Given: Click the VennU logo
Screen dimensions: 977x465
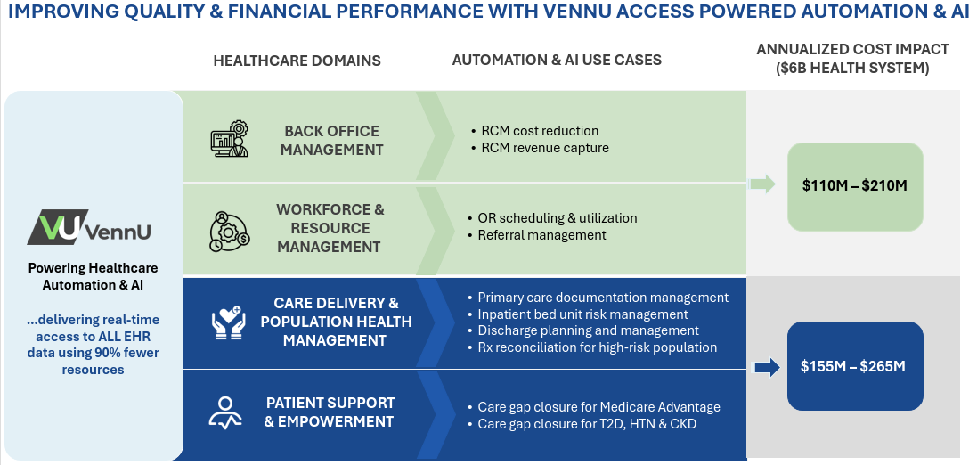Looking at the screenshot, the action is pyautogui.click(x=88, y=227).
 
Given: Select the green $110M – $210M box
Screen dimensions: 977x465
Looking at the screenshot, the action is pyautogui.click(x=855, y=186).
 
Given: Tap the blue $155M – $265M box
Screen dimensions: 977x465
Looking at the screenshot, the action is pyautogui.click(x=855, y=366).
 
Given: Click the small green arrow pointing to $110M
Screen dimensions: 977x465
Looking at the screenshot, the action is pyautogui.click(x=761, y=184).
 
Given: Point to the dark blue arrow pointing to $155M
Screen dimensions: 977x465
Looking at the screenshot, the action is pyautogui.click(x=767, y=367).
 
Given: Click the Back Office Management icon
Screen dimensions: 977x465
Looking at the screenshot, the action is pyautogui.click(x=229, y=139).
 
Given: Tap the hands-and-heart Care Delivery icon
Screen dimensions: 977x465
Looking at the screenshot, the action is pyautogui.click(x=229, y=322).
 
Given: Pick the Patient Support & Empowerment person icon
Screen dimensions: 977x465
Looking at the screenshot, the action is pyautogui.click(x=225, y=412).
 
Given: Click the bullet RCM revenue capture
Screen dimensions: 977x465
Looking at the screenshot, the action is pyautogui.click(x=541, y=148).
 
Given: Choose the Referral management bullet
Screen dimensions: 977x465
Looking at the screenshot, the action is pyautogui.click(x=536, y=235).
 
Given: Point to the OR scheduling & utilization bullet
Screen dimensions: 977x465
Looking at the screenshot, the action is pyautogui.click(x=552, y=218).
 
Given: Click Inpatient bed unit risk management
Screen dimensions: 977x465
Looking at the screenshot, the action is pyautogui.click(x=578, y=314).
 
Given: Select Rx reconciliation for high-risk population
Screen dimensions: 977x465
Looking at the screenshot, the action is pyautogui.click(x=592, y=347).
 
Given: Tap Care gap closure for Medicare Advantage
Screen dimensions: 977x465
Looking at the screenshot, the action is pyautogui.click(x=594, y=407).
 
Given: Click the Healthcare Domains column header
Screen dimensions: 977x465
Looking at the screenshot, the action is pyautogui.click(x=297, y=61).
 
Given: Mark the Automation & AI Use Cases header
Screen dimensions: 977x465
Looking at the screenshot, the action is pyautogui.click(x=557, y=60).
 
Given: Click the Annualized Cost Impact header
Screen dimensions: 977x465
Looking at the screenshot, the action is pyautogui.click(x=853, y=59).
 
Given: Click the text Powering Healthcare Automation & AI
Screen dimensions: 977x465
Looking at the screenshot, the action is pyautogui.click(x=93, y=276).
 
